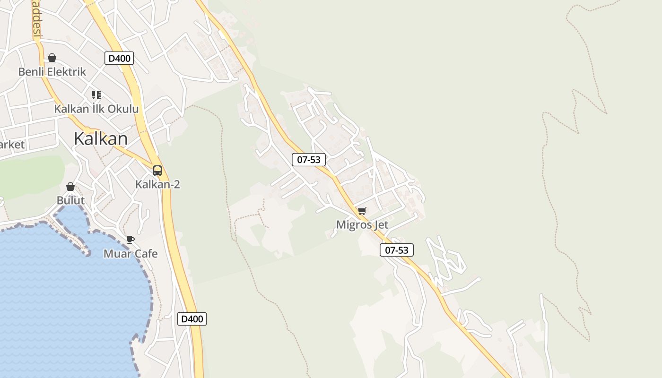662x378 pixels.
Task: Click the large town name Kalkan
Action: point(101,139)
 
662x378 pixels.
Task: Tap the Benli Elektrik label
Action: point(52,72)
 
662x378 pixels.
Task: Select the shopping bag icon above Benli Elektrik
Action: point(52,58)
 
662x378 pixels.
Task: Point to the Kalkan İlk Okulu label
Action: point(96,109)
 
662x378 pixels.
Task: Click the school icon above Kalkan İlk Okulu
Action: point(96,95)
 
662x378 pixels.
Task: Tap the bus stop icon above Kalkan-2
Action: point(157,171)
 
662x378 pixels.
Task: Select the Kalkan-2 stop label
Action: point(157,184)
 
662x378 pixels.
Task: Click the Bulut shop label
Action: point(70,200)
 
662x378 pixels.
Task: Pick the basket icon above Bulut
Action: point(70,187)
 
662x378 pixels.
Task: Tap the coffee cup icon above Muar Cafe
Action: point(131,240)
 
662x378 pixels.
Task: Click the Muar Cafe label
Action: point(131,254)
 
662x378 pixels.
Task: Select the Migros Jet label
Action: point(362,225)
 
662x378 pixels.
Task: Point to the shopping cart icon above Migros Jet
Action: point(362,211)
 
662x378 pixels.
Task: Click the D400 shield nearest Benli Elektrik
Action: point(119,59)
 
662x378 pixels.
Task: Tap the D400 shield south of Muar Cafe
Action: point(192,319)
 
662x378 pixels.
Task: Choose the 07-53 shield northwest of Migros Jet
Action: point(309,160)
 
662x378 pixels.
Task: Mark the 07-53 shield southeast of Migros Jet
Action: point(397,250)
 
